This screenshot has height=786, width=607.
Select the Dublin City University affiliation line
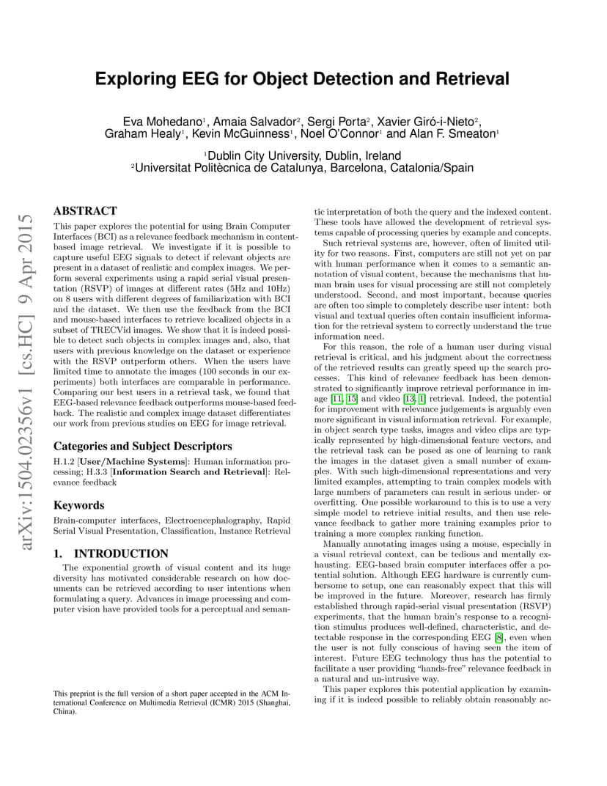[x=303, y=155]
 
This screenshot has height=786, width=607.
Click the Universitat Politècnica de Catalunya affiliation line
[x=303, y=168]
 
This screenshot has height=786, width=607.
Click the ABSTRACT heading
[x=85, y=211]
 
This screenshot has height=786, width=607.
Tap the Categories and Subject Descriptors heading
[x=142, y=446]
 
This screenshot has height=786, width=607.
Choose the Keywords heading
[x=79, y=505]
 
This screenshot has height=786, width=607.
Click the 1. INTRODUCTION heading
[x=111, y=554]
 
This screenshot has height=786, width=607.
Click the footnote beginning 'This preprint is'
[x=172, y=702]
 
